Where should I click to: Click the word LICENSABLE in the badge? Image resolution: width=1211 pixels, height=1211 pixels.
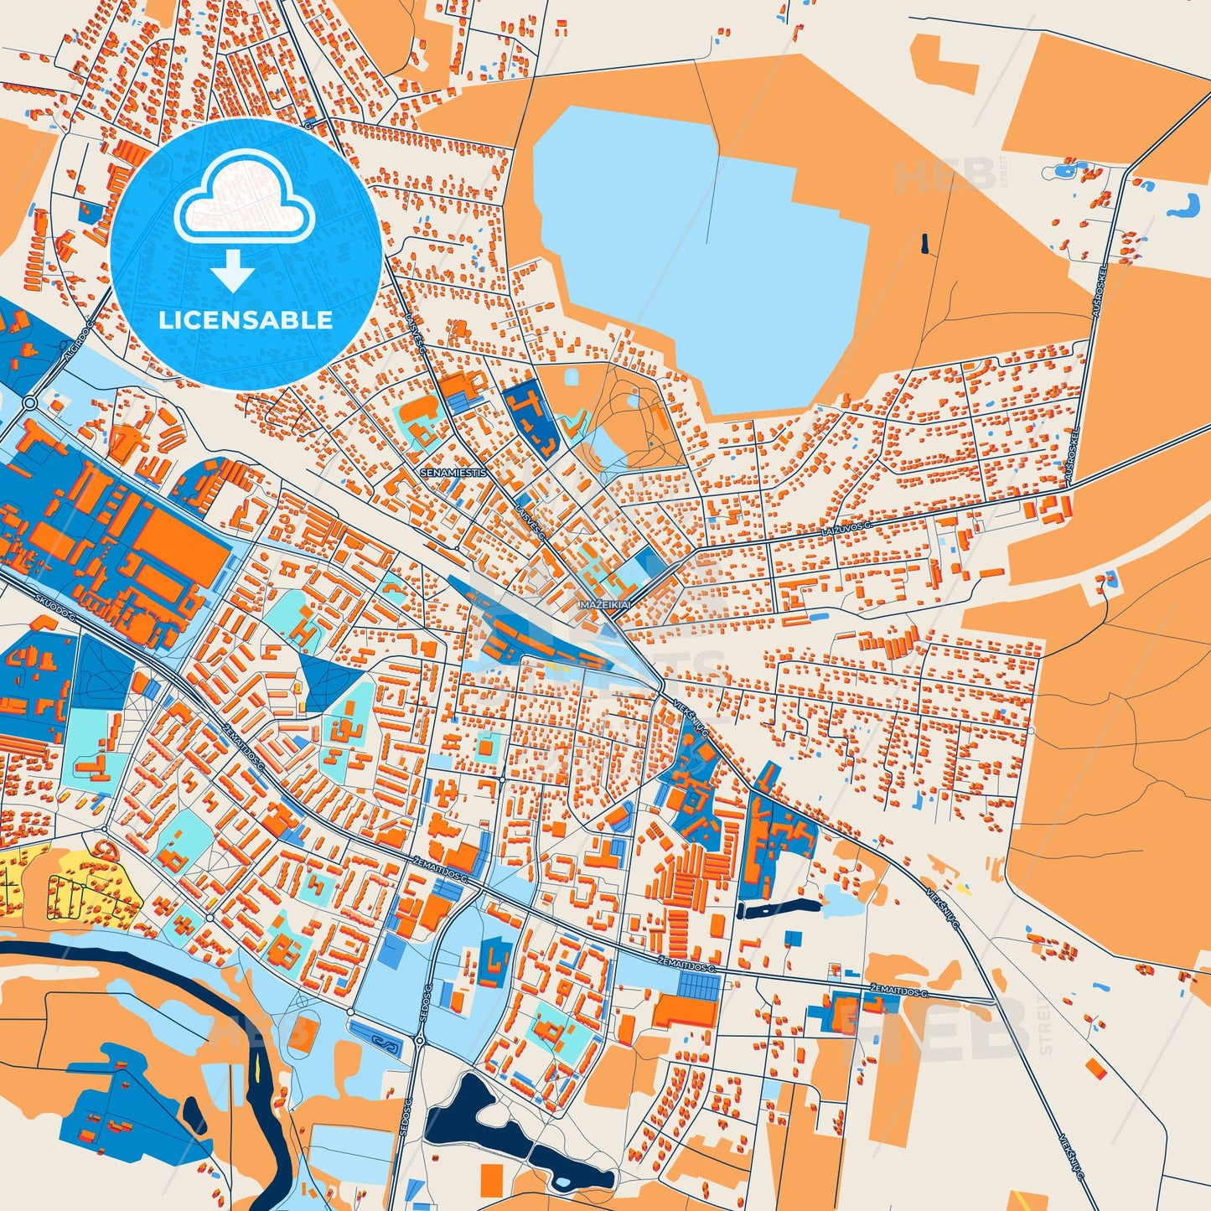(x=246, y=320)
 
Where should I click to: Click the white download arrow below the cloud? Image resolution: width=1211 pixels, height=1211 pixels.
(x=233, y=271)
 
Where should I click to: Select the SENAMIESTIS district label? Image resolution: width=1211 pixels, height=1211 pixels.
(x=453, y=473)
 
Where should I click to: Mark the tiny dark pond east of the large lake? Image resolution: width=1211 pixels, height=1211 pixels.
(x=924, y=244)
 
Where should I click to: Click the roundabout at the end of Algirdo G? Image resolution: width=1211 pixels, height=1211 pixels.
(x=30, y=403)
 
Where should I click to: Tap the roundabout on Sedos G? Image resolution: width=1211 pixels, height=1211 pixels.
(x=419, y=1040)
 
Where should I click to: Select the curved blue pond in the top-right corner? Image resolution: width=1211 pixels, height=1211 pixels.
(x=1184, y=206)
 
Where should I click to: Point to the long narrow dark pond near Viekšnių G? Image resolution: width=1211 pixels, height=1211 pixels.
(x=777, y=908)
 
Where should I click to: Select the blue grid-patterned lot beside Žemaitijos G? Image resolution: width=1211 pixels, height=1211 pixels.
(x=698, y=987)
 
